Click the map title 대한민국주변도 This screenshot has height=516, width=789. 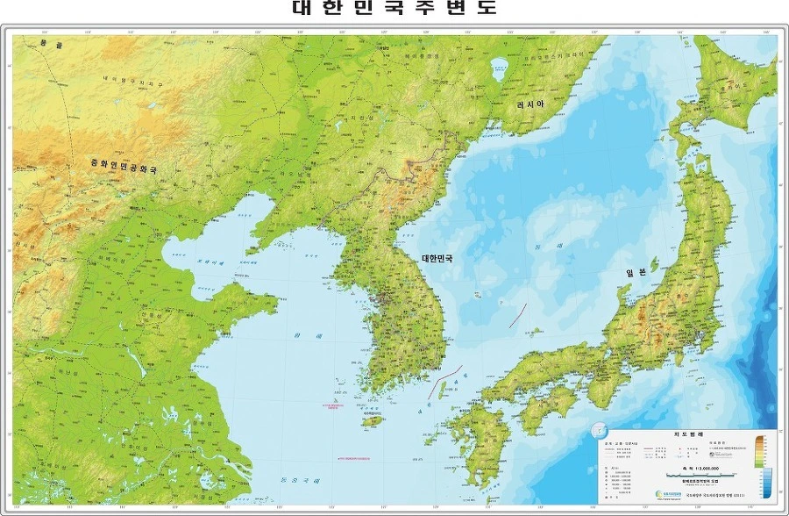394,9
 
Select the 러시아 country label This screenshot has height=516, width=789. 530,104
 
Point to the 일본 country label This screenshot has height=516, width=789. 636,272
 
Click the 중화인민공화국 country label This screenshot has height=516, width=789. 124,164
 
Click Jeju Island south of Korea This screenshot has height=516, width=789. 373,420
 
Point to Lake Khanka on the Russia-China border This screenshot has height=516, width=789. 501,65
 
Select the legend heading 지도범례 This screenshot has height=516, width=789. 684,434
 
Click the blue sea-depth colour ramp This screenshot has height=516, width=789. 765,487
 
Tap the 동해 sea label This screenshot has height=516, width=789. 536,249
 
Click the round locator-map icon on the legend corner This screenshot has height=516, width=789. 599,431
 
